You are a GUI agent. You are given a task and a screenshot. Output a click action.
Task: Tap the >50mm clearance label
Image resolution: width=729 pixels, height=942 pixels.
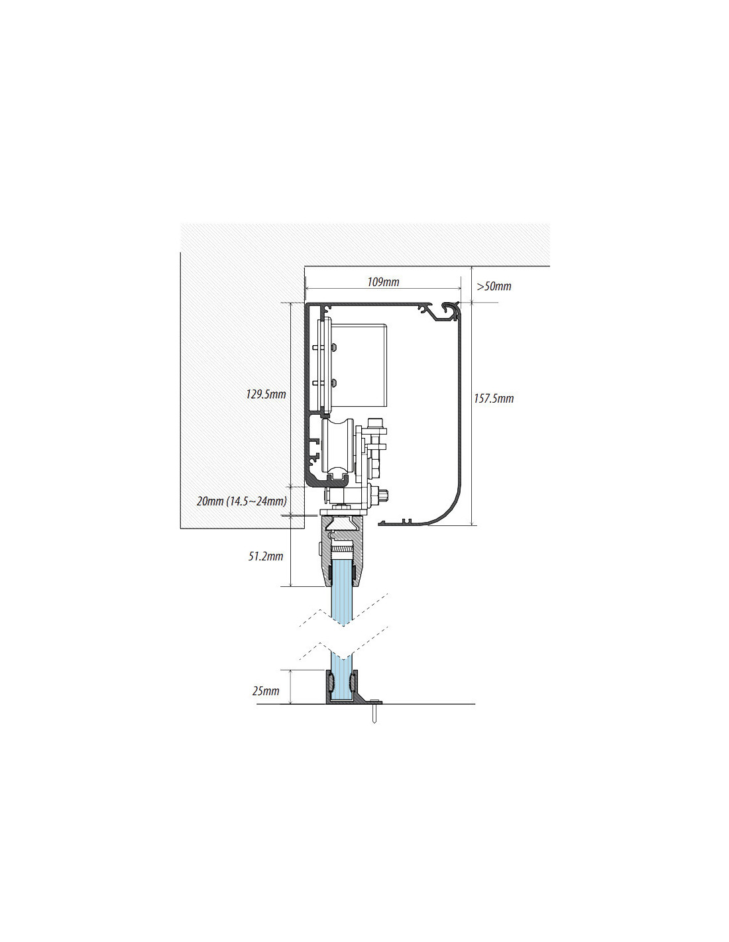coord(494,286)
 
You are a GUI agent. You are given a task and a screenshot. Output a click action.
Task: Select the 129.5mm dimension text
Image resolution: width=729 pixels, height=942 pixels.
coord(266,394)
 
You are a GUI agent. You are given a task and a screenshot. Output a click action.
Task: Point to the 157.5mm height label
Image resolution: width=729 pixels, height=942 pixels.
coord(494,398)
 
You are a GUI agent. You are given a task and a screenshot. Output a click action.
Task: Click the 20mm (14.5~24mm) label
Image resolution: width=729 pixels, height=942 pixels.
coord(241,501)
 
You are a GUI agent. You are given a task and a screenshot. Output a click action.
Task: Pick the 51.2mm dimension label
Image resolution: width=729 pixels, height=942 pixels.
coord(265,556)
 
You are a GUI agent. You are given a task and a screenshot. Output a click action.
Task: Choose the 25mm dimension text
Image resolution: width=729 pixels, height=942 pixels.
coord(266,690)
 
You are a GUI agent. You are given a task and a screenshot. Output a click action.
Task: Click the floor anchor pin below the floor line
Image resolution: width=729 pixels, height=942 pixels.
coord(374,713)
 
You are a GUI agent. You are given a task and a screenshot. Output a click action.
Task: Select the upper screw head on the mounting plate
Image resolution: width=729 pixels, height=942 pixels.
coord(333,347)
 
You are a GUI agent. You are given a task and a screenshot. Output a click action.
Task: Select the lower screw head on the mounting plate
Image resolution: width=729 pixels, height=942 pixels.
coord(333,383)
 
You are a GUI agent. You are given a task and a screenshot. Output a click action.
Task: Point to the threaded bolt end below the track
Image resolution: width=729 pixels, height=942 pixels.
coord(383,493)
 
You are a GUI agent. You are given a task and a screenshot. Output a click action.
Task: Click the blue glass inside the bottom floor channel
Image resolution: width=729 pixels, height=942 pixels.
coord(343,686)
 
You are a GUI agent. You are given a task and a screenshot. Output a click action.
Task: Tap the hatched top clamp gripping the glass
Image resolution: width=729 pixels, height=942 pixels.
coord(343,550)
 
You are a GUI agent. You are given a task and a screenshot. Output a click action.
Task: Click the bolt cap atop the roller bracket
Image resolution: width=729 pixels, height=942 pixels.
coord(376,423)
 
